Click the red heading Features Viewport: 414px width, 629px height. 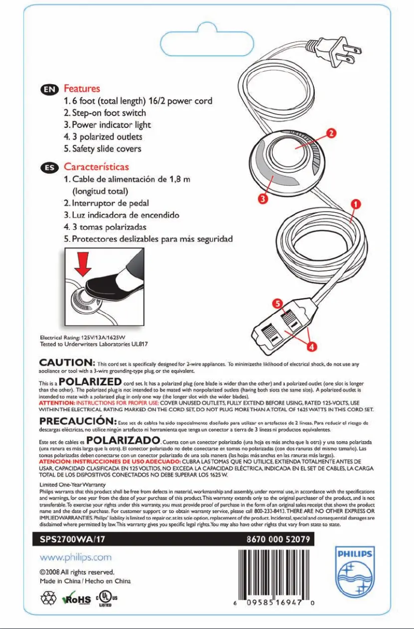coord(82,89)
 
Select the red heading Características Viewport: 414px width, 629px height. coord(96,167)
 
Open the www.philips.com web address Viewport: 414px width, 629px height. coord(76,557)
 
